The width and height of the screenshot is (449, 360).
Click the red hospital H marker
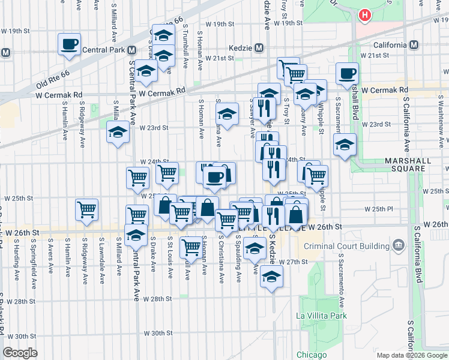(364, 15)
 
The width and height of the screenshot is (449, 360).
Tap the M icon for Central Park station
(5, 53)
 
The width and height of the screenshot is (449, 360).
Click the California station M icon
(414, 45)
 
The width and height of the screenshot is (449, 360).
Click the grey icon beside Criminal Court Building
(397, 245)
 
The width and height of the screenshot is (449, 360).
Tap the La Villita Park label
(322, 316)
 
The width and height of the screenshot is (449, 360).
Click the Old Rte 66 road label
(53, 65)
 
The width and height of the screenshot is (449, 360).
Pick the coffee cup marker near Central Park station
(70, 44)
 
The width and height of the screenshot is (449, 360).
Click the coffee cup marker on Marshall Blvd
(348, 73)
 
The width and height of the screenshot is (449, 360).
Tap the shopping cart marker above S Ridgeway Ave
(87, 210)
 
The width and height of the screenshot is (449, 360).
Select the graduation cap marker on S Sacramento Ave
(345, 145)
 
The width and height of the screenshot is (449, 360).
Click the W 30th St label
(158, 333)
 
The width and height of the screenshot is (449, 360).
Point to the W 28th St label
(158, 299)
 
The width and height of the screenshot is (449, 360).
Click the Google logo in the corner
(20, 353)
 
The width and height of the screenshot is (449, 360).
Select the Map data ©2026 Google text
(412, 355)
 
